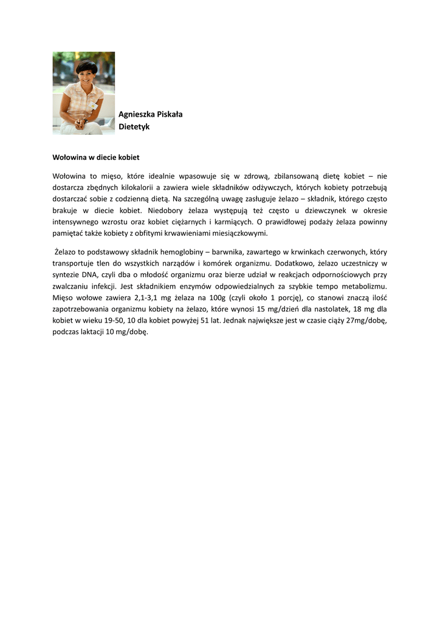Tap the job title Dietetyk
point(134,127)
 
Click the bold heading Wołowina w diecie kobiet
point(96,157)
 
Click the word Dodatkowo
point(294,263)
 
